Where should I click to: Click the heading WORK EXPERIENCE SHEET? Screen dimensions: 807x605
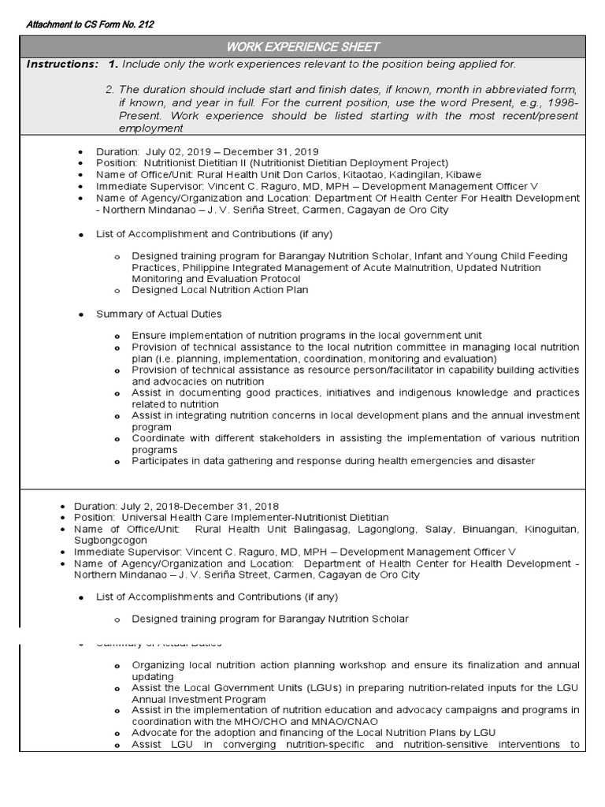302,47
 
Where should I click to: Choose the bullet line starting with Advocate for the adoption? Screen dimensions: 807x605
314,732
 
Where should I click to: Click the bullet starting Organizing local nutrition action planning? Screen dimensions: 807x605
356,665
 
